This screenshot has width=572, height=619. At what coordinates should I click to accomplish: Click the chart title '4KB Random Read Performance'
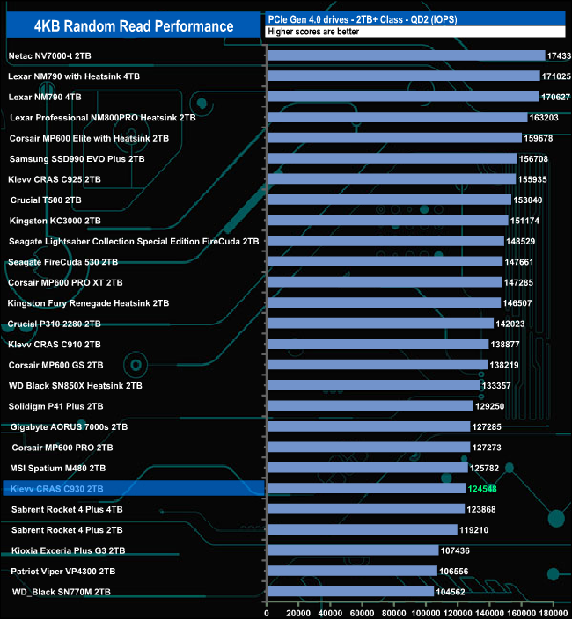click(135, 25)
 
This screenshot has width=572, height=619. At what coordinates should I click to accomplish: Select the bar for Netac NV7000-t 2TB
click(406, 55)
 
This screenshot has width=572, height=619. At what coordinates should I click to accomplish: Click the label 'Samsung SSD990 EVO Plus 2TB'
click(77, 158)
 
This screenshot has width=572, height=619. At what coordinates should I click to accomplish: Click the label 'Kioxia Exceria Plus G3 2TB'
click(68, 550)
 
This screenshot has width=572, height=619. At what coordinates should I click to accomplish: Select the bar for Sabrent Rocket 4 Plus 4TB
click(365, 509)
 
